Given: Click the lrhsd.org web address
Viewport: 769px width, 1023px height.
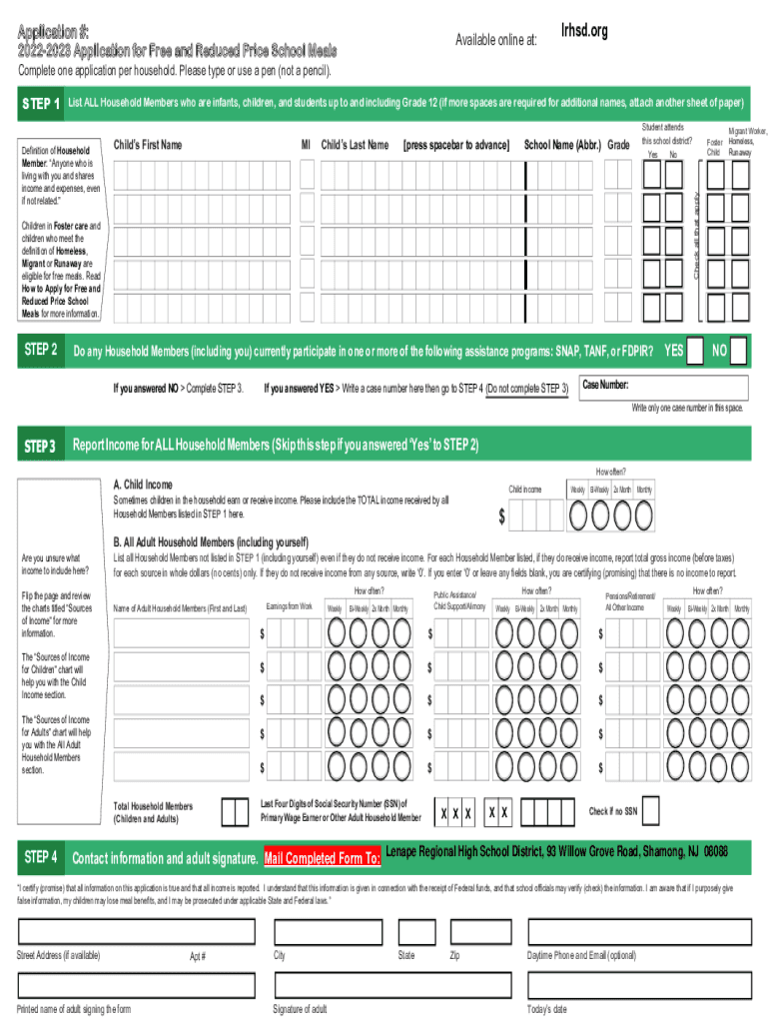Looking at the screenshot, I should point(584,32).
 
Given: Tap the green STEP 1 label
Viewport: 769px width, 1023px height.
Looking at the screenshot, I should point(41,104).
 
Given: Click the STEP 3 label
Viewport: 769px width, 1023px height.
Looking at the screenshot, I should point(41,446).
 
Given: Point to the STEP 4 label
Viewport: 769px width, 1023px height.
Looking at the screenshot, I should point(41,857).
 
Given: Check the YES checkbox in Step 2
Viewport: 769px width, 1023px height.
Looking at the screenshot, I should point(699,352).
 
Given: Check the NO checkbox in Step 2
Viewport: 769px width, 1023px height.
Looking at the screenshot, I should point(737,352).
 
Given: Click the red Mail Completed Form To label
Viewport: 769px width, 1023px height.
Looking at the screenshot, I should point(322,858).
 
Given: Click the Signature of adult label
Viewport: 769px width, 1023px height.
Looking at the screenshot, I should point(300,1009).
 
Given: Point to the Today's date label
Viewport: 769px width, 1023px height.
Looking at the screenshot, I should point(547,1009).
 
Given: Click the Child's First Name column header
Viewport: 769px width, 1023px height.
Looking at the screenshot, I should point(148,145).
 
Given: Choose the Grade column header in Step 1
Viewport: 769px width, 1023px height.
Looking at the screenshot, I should point(619,145).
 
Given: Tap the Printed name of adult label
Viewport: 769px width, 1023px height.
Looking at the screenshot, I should point(74,1009).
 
